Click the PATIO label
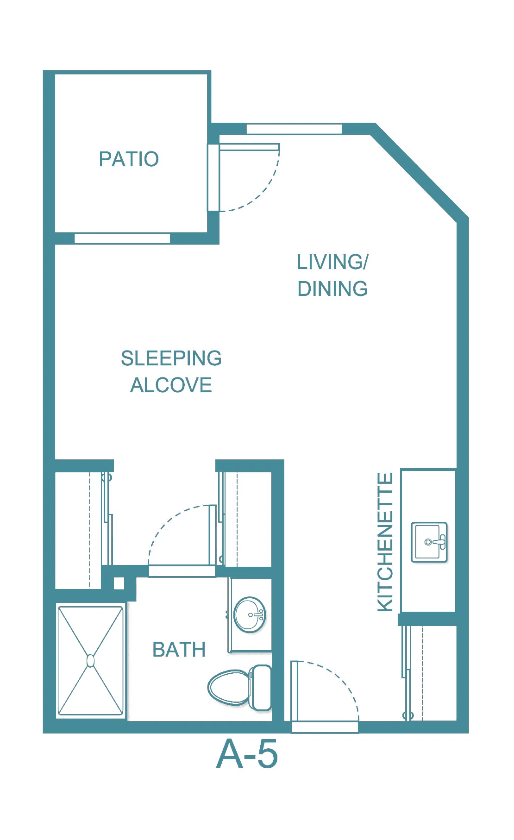click(129, 159)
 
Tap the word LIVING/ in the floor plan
click(332, 262)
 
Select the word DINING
click(332, 289)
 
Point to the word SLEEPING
click(171, 358)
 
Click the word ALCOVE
click(171, 385)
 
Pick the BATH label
click(179, 650)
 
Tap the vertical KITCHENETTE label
click(385, 542)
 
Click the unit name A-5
click(247, 754)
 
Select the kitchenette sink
click(429, 542)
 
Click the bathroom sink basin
click(250, 615)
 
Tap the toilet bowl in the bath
click(229, 688)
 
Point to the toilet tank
click(260, 688)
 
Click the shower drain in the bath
click(91, 661)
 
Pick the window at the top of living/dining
click(294, 129)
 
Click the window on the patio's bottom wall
click(122, 238)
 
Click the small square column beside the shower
click(119, 583)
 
